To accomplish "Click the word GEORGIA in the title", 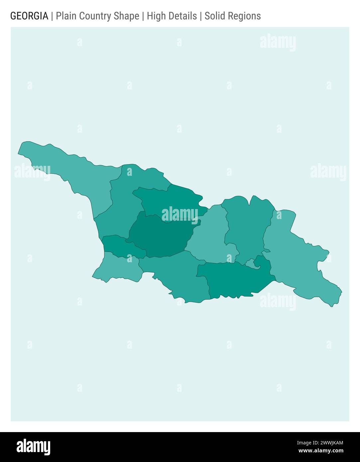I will click(29, 16).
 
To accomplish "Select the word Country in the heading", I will click(96, 16).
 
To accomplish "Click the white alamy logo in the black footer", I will click(34, 447).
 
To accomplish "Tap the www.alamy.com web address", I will click(321, 451).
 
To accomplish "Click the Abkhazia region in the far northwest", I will click(73, 173).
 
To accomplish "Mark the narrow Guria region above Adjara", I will click(120, 246).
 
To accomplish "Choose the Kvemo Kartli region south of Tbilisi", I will click(233, 279).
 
